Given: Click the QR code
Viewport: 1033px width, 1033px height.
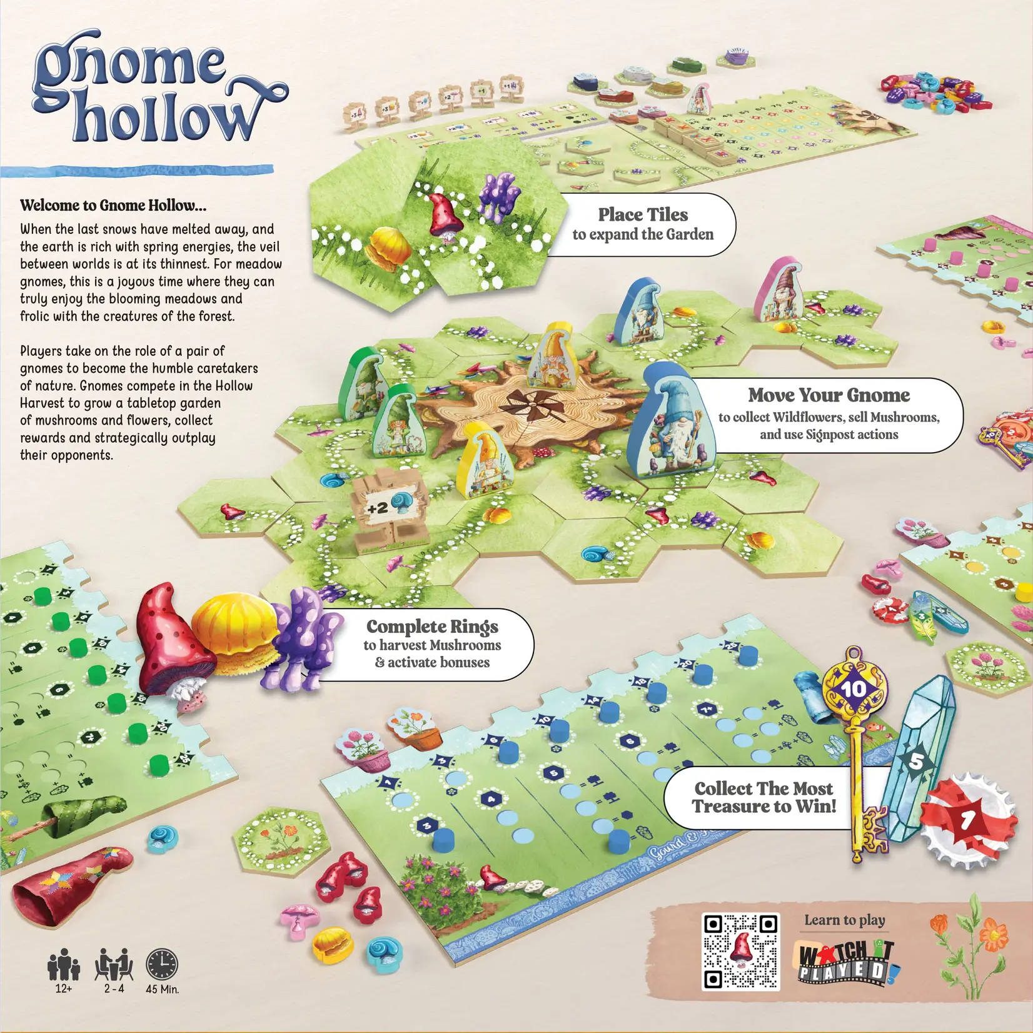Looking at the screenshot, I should point(741,951).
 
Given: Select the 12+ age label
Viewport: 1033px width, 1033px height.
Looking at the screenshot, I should point(63,989).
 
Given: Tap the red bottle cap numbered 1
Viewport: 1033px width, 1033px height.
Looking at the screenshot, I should point(968,818).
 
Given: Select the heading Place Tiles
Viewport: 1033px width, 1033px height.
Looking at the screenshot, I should point(643,214).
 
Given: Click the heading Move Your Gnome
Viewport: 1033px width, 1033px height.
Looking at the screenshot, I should point(829,395).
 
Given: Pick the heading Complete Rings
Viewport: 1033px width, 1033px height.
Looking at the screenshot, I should point(432,626).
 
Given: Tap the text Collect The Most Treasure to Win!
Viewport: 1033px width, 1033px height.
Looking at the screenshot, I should point(764,797).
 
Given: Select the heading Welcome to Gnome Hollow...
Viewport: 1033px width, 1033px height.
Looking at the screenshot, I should point(113,205).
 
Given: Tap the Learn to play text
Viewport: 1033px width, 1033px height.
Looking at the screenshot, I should point(844,920).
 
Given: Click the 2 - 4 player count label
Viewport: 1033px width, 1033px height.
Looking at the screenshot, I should point(114,989).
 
